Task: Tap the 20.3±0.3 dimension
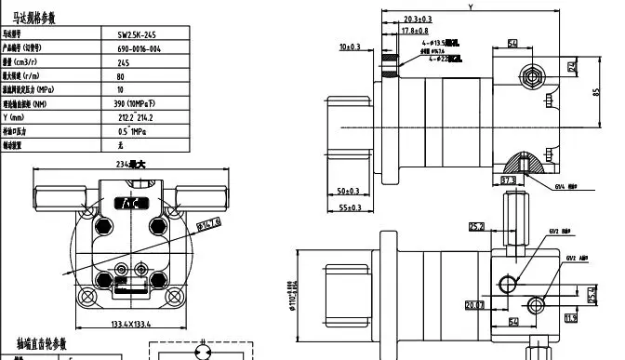(419, 19)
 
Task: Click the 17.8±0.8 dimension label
(415, 31)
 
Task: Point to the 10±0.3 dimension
(351, 46)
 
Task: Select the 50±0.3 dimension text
(349, 192)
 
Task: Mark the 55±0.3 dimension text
(349, 207)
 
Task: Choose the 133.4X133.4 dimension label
(126, 325)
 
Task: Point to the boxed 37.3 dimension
(509, 180)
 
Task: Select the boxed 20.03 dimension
(474, 302)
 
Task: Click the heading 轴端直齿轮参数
(42, 344)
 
